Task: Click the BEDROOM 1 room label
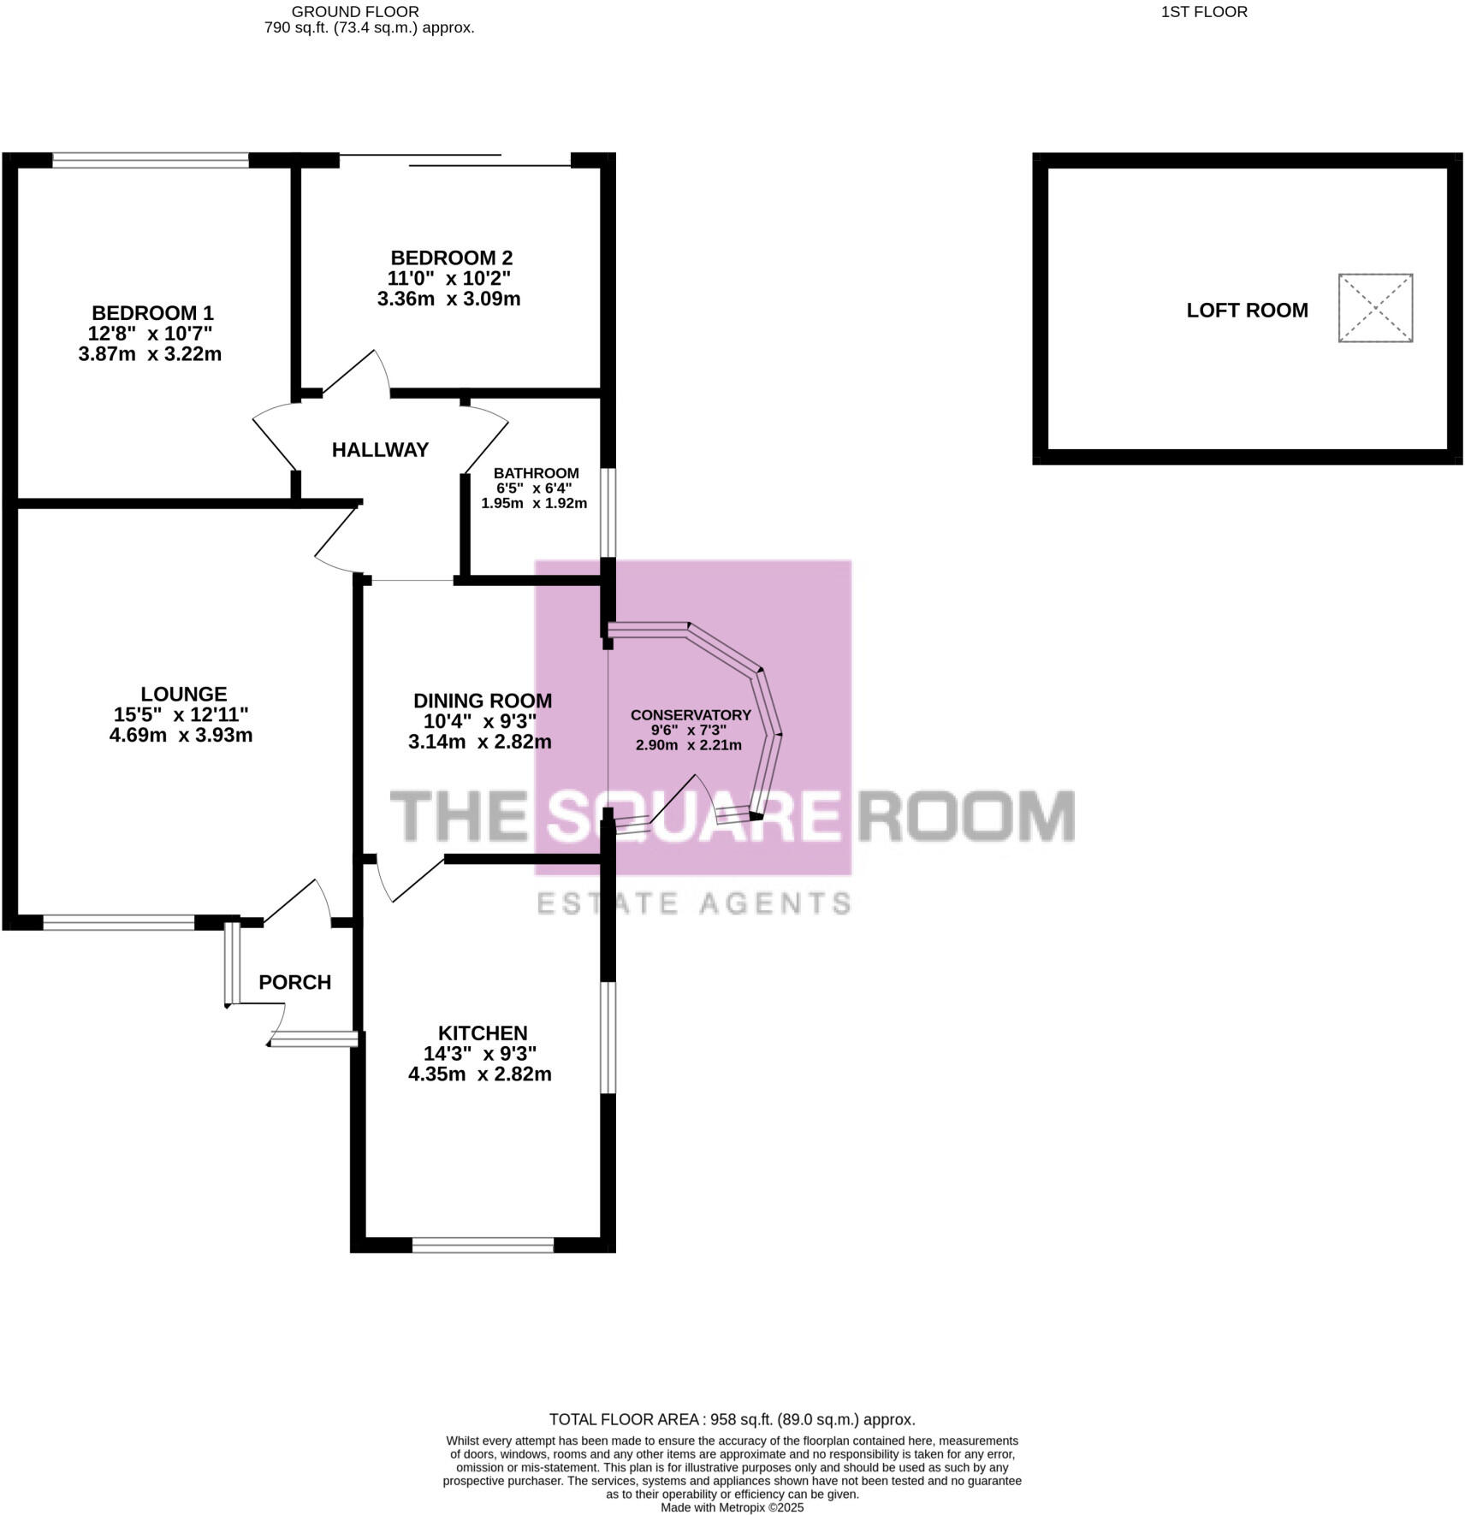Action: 152,313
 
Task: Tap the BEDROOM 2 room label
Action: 451,257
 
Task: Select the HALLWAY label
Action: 380,450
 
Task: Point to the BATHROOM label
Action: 536,473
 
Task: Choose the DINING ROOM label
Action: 483,701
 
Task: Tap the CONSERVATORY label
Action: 691,715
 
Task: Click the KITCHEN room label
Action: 483,1033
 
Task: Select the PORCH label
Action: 294,982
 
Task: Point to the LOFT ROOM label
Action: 1247,311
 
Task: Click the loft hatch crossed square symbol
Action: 1375,308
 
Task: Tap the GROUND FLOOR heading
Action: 355,12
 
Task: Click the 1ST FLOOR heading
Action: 1204,12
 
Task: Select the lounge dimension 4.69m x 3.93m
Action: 181,735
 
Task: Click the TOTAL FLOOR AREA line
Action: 732,1419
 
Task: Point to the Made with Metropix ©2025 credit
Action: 732,1507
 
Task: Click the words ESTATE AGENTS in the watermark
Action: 693,902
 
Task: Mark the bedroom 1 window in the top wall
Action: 151,159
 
